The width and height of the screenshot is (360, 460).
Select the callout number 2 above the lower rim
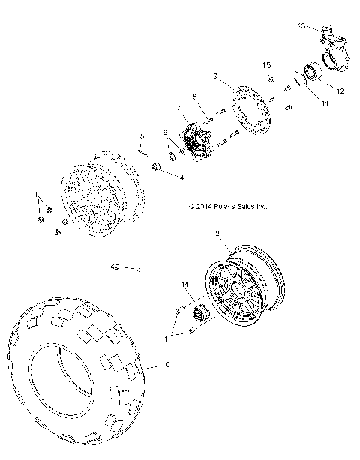(217, 234)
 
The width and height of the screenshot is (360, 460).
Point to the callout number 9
(215, 76)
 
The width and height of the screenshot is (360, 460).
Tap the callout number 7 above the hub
(178, 108)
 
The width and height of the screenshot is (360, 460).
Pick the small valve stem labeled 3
(116, 266)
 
